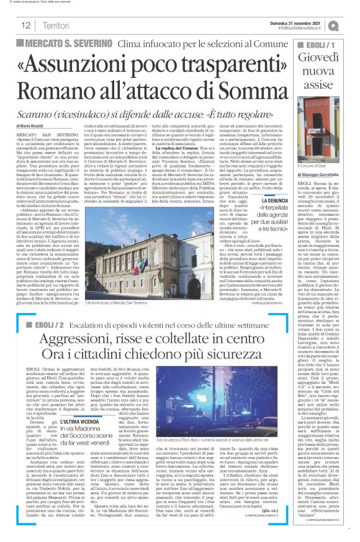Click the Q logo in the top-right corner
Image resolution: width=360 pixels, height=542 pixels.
(x=351, y=25)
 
